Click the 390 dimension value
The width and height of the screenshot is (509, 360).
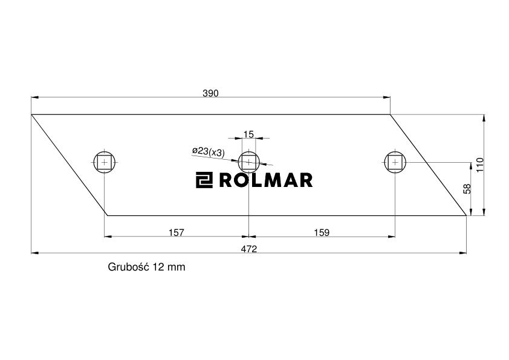pyautogui.click(x=210, y=93)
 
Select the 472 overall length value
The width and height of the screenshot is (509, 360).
pyautogui.click(x=249, y=249)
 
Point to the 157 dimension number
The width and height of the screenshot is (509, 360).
pyautogui.click(x=177, y=232)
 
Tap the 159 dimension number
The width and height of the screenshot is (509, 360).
pyautogui.click(x=322, y=232)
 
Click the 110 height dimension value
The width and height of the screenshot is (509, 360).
pyautogui.click(x=480, y=165)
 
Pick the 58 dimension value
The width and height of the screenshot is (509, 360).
pyautogui.click(x=467, y=189)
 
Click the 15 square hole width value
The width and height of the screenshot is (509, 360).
pyautogui.click(x=248, y=134)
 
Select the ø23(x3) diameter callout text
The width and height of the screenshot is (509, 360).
pyautogui.click(x=209, y=151)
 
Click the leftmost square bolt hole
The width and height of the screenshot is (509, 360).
pyautogui.click(x=104, y=162)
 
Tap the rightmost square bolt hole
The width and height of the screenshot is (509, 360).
pyautogui.click(x=395, y=162)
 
